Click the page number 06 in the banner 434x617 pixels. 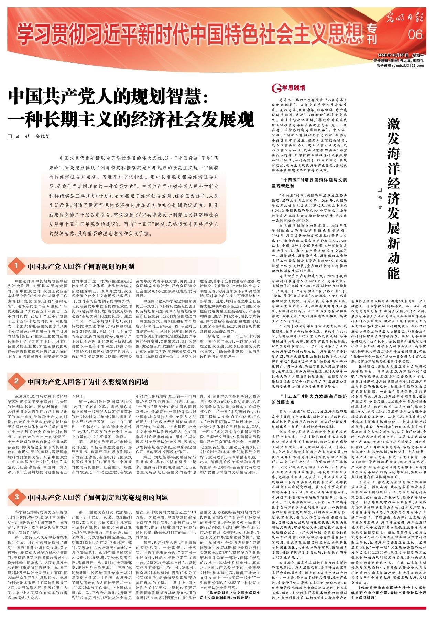click(415, 34)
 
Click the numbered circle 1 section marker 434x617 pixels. click(16, 266)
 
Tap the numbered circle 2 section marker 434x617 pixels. click(16, 381)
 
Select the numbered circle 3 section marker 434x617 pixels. click(16, 497)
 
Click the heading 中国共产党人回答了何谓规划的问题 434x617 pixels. click(81, 266)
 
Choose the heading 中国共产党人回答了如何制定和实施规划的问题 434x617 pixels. click(98, 498)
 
